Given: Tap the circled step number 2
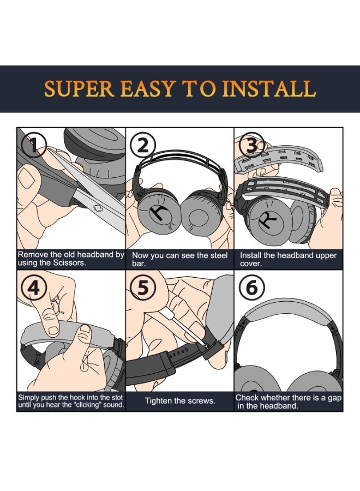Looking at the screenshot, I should (143, 145).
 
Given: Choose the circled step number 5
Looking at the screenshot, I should (142, 288).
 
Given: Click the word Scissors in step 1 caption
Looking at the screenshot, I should (67, 264).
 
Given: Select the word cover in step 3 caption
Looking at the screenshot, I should (250, 264).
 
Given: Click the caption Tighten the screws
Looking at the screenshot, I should (179, 401).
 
